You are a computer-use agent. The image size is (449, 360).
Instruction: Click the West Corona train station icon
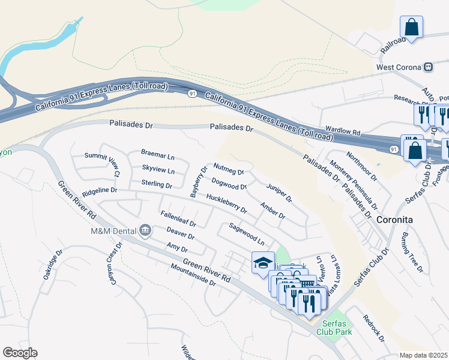(429, 67)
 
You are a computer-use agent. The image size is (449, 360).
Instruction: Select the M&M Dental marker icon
(145, 230)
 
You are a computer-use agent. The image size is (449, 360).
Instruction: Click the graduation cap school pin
(262, 263)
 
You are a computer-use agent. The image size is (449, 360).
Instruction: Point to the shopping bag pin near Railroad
(411, 28)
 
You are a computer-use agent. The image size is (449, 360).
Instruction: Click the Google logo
(20, 353)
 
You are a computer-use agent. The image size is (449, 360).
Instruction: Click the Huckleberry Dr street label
(226, 203)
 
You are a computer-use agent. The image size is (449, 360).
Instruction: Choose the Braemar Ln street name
(157, 156)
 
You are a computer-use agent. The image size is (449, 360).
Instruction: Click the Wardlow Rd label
(342, 130)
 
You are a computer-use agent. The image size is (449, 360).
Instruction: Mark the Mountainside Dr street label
(192, 275)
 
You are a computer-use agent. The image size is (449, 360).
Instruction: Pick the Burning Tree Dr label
(413, 246)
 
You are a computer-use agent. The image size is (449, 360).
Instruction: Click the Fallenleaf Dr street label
(178, 218)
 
